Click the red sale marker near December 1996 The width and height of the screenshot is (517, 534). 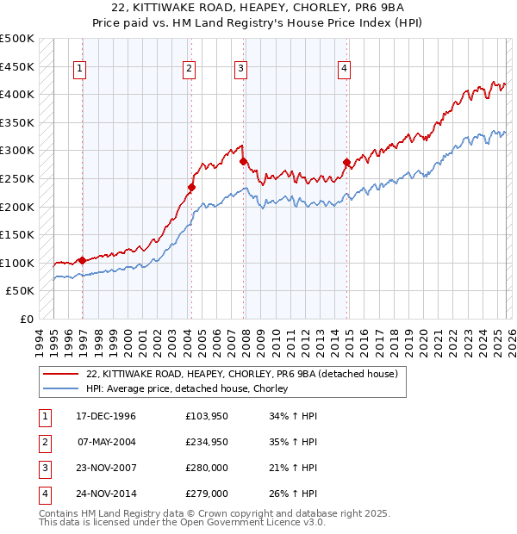pos(82,260)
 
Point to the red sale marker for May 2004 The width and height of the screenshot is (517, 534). pos(191,187)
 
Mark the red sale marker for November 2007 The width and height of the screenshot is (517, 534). pos(243,161)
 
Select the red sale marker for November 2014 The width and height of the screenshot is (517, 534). pos(346,162)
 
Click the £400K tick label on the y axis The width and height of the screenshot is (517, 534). pos(17,94)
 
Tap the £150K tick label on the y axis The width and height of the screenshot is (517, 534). pos(17,234)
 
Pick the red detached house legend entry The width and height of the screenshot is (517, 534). pos(241,374)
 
